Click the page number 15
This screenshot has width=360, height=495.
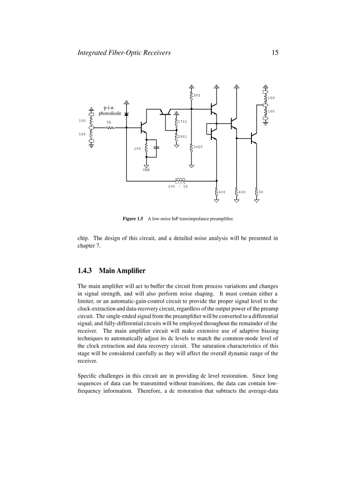pos(275,53)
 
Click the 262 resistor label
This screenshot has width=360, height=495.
pos(197,95)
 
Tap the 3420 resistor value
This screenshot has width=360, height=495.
pos(198,147)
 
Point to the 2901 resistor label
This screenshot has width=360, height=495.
pos(183,137)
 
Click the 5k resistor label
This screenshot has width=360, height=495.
pos(109,123)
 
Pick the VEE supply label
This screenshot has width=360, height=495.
pos(146,170)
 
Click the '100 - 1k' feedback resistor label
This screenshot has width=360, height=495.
pos(178,186)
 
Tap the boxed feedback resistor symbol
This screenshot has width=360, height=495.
pos(180,180)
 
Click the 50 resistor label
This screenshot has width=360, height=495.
pos(261,192)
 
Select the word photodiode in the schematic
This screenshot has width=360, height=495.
pos(110,113)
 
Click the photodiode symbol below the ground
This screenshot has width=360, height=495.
pos(127,114)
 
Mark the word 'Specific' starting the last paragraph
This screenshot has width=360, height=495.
pos(87,376)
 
